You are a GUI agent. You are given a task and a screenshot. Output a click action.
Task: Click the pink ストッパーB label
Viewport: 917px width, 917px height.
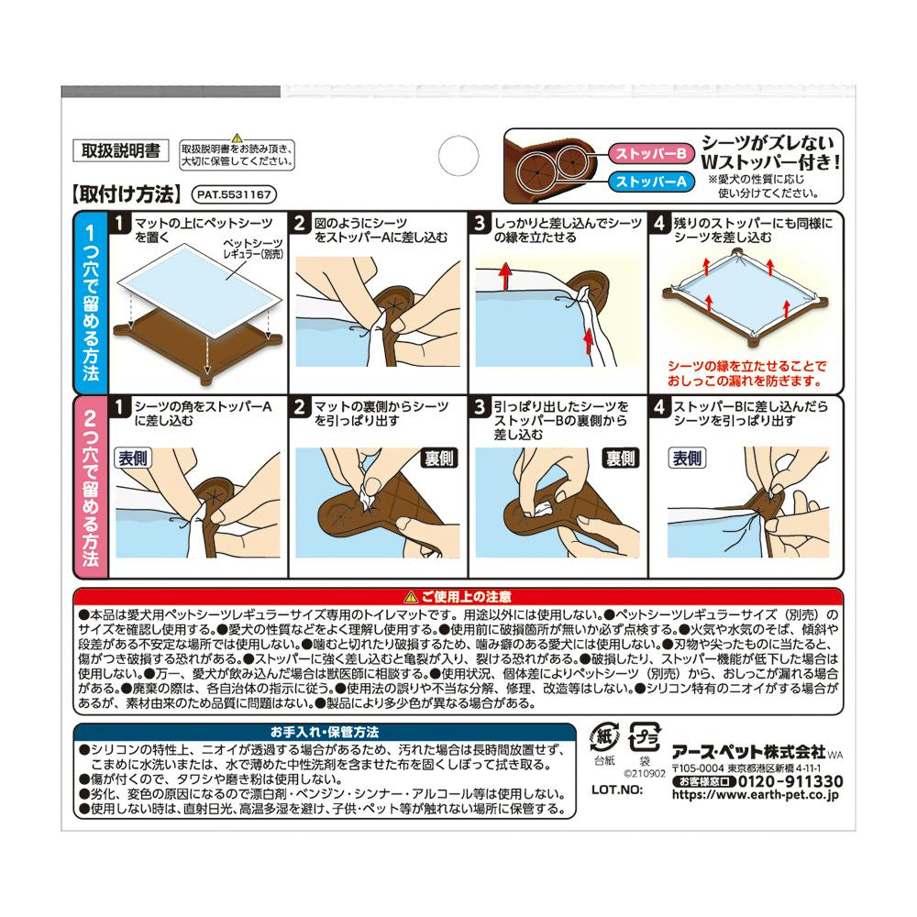[651, 153]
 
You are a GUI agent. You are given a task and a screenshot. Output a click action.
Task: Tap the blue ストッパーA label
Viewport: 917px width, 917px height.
[651, 182]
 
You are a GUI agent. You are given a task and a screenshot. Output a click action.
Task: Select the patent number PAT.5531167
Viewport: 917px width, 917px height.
[234, 194]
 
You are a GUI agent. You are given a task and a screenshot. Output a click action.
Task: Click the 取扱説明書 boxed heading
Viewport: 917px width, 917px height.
[120, 151]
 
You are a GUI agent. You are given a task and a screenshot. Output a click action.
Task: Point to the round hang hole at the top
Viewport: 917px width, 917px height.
[458, 156]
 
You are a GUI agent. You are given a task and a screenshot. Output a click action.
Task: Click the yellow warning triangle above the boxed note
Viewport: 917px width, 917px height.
[237, 138]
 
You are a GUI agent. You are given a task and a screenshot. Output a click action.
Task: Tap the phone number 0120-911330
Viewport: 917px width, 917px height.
[790, 781]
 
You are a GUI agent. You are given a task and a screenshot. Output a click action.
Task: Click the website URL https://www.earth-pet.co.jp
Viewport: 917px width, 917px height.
[755, 795]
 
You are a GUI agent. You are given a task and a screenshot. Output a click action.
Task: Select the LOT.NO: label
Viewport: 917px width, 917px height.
[617, 790]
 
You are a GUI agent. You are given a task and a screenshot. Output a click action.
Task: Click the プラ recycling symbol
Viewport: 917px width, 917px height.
[645, 738]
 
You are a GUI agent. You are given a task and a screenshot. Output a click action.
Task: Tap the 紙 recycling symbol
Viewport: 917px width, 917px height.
[604, 737]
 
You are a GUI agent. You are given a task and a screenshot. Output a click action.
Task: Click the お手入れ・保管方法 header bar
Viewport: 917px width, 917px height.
[325, 732]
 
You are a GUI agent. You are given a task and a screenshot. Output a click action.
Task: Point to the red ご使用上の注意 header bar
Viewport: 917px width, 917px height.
[458, 597]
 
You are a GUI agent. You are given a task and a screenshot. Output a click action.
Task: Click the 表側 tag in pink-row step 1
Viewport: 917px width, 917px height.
[133, 458]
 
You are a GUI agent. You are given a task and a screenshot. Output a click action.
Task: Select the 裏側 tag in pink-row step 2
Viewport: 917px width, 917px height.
[439, 458]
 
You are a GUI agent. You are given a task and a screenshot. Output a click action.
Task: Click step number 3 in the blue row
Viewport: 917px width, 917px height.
[480, 223]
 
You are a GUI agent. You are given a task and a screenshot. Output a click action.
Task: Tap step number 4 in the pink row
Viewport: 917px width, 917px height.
[659, 406]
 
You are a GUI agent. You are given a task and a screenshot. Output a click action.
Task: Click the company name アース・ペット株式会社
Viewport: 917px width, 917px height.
[748, 752]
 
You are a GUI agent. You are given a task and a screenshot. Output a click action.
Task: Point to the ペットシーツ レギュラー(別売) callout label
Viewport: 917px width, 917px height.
[253, 249]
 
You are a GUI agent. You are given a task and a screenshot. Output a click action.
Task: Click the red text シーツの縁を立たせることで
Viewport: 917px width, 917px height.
[746, 366]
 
